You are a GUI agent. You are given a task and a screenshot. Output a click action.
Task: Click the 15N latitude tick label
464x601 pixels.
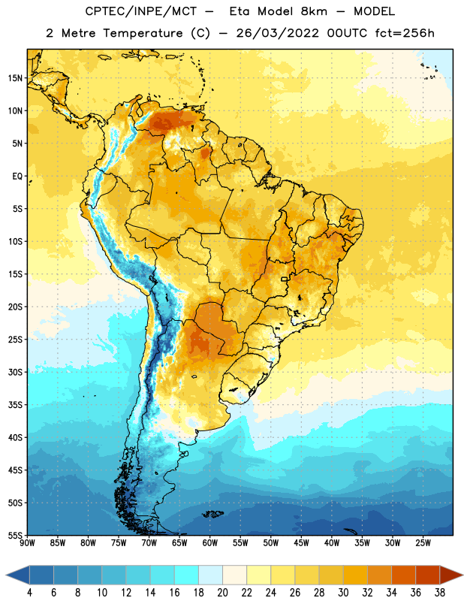pyautogui.click(x=15, y=78)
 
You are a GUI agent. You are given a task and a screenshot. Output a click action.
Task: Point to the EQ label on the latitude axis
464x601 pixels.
pyautogui.click(x=17, y=177)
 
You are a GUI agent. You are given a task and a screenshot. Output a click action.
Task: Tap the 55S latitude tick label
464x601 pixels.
pyautogui.click(x=15, y=535)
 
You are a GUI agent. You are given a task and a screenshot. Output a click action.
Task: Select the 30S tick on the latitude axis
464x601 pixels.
pyautogui.click(x=15, y=372)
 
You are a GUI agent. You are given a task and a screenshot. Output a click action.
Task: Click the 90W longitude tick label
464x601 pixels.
pyautogui.click(x=27, y=543)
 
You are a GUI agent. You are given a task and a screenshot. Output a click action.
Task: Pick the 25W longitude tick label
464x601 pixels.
pyautogui.click(x=423, y=543)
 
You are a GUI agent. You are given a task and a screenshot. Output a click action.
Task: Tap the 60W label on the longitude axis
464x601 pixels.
pyautogui.click(x=210, y=543)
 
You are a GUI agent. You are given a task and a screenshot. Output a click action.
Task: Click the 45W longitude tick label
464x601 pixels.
pyautogui.click(x=301, y=543)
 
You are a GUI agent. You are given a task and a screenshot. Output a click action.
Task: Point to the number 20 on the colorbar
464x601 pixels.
pyautogui.click(x=222, y=593)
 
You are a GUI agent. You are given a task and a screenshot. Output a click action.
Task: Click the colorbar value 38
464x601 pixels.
pyautogui.click(x=439, y=593)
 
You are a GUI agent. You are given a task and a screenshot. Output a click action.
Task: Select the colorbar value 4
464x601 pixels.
pyautogui.click(x=29, y=593)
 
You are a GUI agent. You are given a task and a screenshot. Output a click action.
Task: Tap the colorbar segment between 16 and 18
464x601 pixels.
pyautogui.click(x=187, y=575)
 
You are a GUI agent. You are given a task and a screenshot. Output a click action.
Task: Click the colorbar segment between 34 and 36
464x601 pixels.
pyautogui.click(x=403, y=575)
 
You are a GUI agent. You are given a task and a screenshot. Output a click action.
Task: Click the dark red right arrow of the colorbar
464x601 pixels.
pyautogui.click(x=450, y=575)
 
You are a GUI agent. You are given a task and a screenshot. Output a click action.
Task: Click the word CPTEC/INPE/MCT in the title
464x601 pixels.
pyautogui.click(x=141, y=11)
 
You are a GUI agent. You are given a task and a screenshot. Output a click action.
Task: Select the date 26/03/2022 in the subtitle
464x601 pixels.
pyautogui.click(x=277, y=33)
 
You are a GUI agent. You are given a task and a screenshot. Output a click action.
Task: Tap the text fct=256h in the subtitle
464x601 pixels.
pyautogui.click(x=405, y=33)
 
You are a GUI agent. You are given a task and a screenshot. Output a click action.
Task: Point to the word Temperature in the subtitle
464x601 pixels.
pyautogui.click(x=143, y=34)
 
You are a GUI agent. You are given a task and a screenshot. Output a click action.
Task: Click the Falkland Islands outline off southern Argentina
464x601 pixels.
pyautogui.click(x=213, y=514)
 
